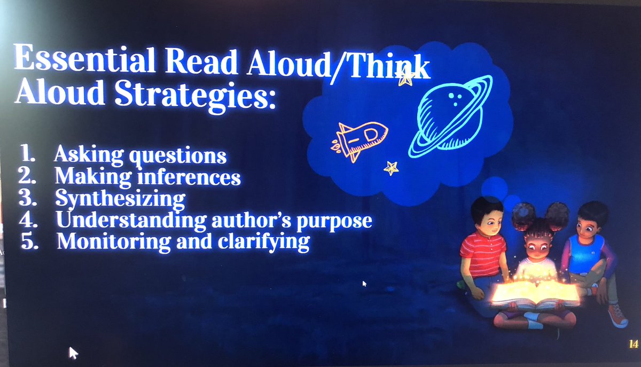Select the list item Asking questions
point(140,155)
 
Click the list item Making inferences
point(148,176)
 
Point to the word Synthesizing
point(120,199)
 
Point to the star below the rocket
point(391,168)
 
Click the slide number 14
point(633,344)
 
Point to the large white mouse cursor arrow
point(73,352)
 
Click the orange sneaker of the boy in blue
point(617,315)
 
